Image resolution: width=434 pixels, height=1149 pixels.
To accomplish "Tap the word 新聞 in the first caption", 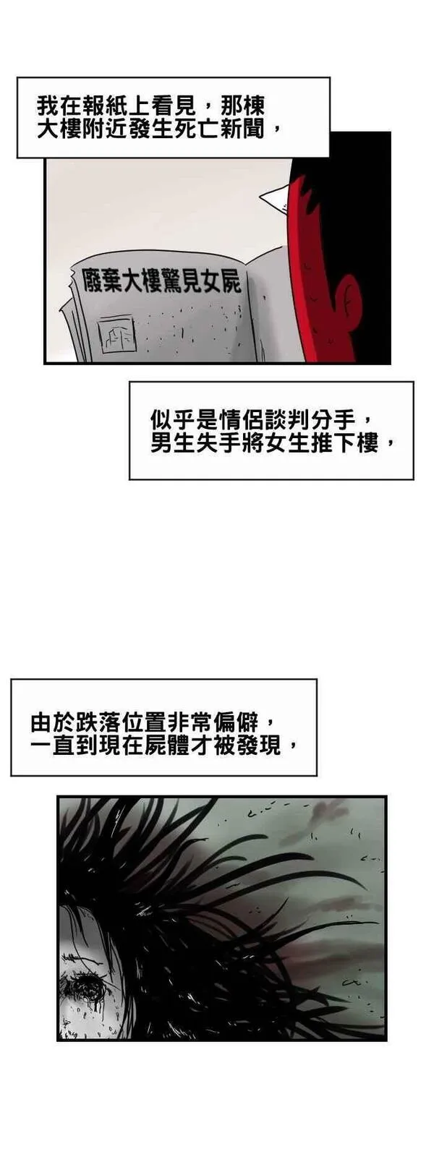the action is (253, 129).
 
